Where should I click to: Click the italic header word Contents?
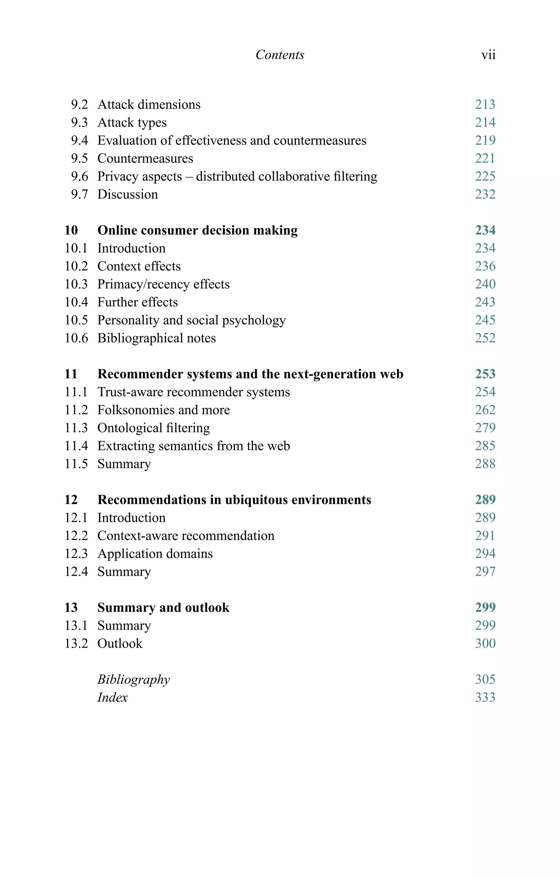(280, 55)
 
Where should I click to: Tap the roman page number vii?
(488, 55)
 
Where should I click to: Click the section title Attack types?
(132, 123)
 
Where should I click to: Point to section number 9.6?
(79, 176)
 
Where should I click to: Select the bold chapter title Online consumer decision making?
(197, 230)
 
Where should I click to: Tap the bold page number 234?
(485, 230)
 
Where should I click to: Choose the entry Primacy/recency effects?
(164, 284)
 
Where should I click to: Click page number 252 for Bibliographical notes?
(485, 338)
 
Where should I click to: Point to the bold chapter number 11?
(71, 374)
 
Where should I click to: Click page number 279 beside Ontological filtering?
(485, 428)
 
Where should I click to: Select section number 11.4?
(76, 446)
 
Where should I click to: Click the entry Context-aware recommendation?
(186, 536)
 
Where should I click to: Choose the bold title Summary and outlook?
(164, 608)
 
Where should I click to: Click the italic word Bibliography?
(133, 680)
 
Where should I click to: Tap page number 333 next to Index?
(485, 698)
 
